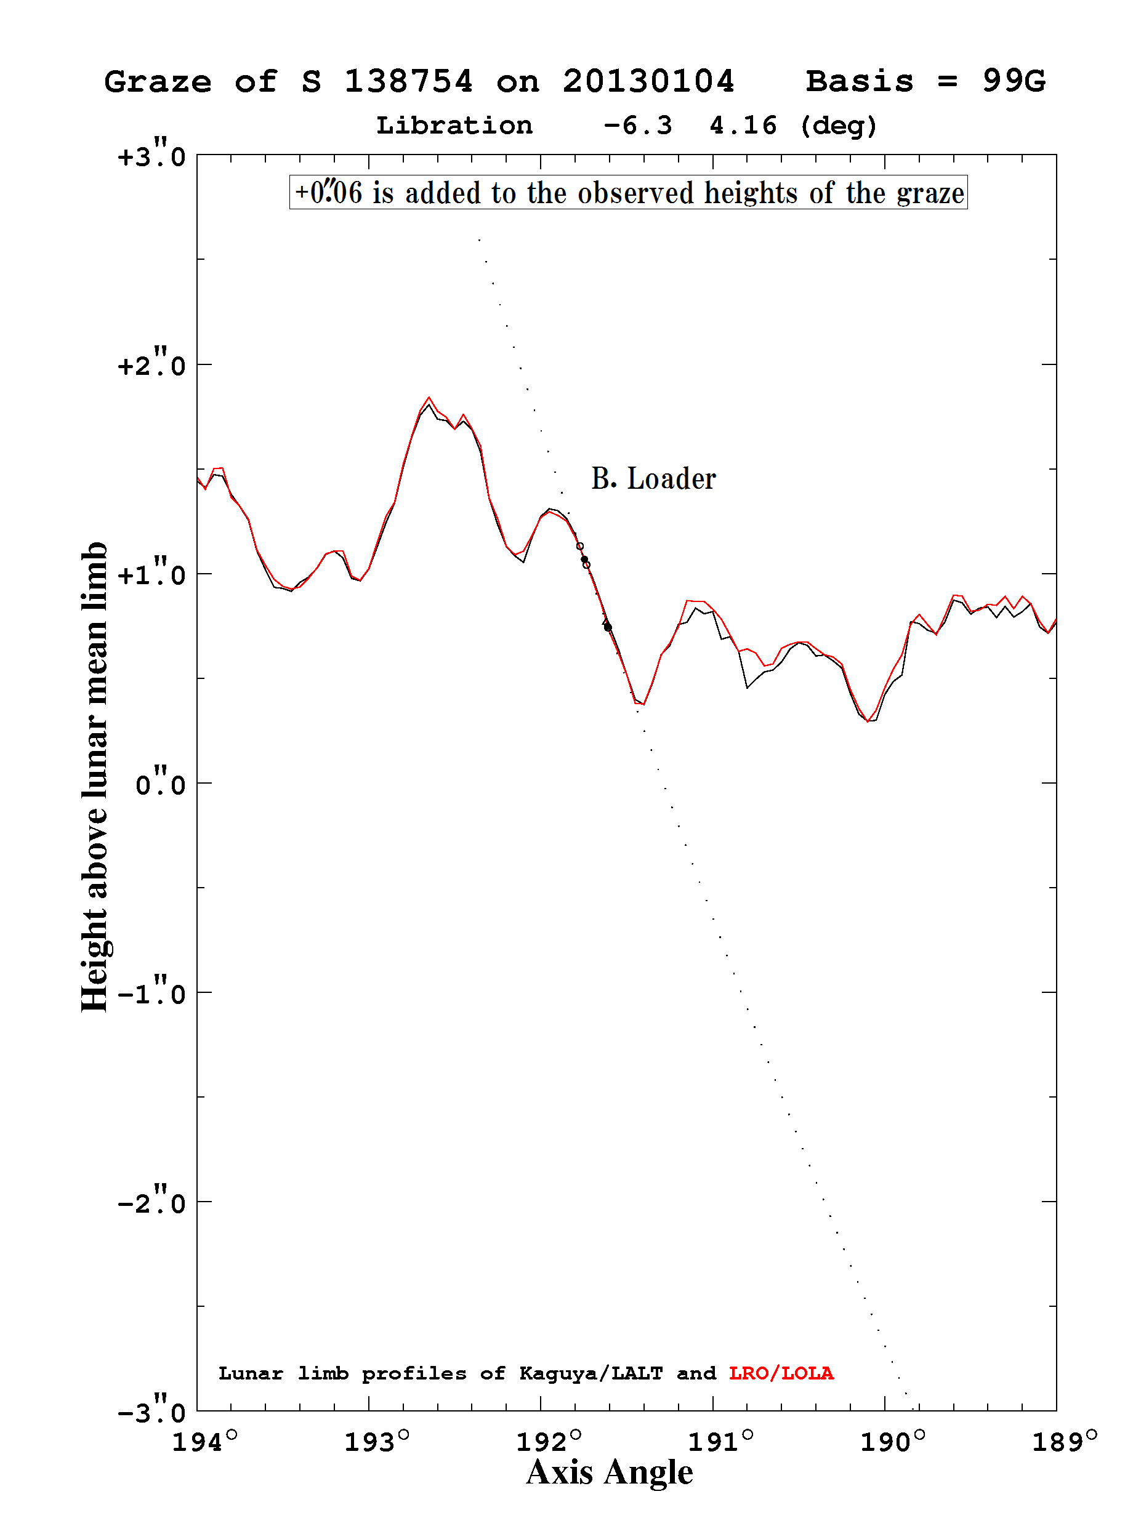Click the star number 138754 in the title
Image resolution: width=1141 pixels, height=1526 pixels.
(x=408, y=81)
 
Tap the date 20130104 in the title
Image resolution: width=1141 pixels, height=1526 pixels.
(x=648, y=81)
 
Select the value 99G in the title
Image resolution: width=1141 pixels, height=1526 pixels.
(x=1014, y=81)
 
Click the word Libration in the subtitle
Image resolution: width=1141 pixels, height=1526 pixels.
(x=454, y=126)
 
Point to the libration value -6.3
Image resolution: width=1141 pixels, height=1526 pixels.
(x=638, y=126)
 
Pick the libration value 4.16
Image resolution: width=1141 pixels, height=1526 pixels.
(x=743, y=126)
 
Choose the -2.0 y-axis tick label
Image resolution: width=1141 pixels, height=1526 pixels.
(x=152, y=1202)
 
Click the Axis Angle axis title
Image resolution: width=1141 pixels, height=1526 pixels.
(x=610, y=1473)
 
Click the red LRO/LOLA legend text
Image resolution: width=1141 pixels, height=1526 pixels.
(x=781, y=1373)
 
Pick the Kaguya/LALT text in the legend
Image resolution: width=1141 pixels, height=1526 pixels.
(x=591, y=1373)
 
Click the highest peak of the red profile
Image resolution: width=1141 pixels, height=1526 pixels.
(x=429, y=398)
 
